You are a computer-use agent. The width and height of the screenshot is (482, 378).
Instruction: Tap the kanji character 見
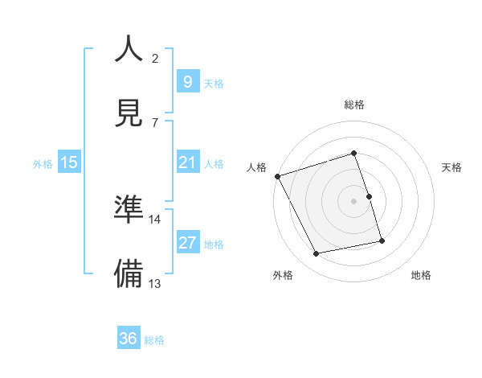[x=129, y=112]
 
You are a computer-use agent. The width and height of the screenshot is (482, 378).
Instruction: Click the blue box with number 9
[x=187, y=81]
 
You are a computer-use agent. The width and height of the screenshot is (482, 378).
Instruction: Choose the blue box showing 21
[x=187, y=162]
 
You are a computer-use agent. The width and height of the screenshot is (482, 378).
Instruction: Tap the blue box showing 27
[x=187, y=243]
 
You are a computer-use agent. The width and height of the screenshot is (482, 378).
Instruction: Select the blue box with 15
[x=69, y=162]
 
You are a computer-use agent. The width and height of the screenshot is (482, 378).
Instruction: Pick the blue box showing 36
[x=129, y=339]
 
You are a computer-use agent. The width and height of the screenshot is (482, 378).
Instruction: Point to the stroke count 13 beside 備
[x=156, y=283]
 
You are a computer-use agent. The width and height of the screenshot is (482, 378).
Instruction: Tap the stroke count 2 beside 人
[x=155, y=59]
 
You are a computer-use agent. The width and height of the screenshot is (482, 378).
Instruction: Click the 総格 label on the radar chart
[x=354, y=105]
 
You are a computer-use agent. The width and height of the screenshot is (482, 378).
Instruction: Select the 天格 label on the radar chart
[x=451, y=167]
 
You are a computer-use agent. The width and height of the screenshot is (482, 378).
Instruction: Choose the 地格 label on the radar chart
[x=421, y=276]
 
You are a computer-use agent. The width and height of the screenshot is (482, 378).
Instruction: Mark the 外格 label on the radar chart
[x=283, y=276]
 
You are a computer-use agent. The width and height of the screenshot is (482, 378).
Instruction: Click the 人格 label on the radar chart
[x=256, y=167]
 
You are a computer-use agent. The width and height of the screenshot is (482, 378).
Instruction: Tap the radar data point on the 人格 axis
[x=277, y=176]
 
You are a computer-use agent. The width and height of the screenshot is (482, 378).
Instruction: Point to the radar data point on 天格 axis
[x=369, y=196]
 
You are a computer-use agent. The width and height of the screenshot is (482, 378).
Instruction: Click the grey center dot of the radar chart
[x=354, y=201]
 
